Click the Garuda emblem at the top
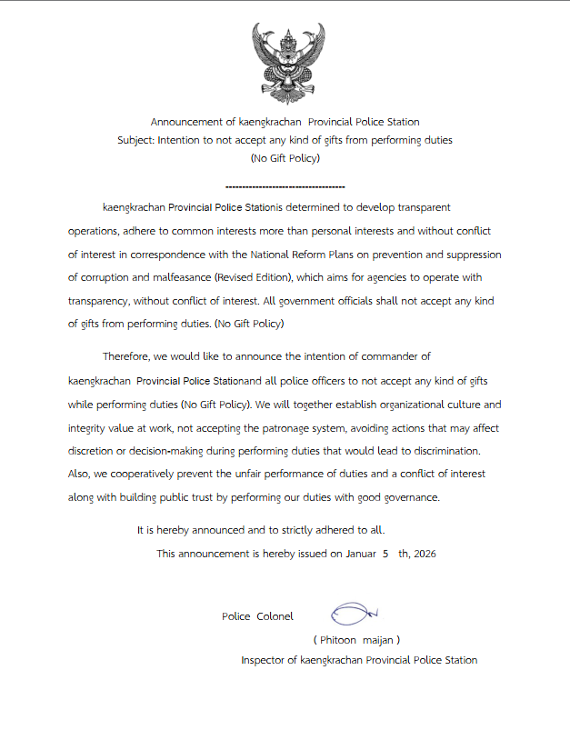point(285,62)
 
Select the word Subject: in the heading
point(135,140)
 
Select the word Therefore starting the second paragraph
point(129,356)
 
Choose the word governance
point(407,497)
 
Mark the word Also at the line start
point(80,474)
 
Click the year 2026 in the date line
point(425,553)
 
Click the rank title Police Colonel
point(257,616)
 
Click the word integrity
point(89,427)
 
